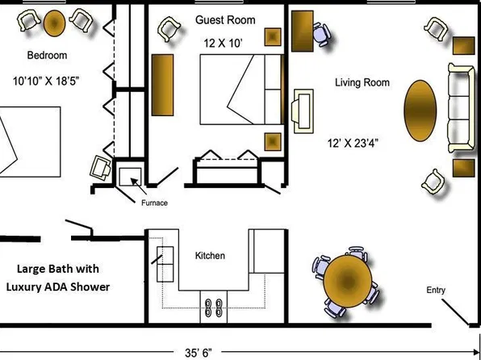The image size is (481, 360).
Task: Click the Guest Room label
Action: pos(225,20)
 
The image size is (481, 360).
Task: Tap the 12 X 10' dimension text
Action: pos(224,44)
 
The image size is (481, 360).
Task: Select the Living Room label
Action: pos(362,82)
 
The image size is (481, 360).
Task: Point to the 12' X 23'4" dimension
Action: pos(353,143)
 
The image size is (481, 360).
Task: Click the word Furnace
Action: pos(154,203)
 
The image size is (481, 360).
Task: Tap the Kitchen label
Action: pos(210,256)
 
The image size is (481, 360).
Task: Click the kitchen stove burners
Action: pos(214,308)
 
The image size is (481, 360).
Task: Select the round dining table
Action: pos(348,282)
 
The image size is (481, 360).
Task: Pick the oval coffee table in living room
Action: pos(420,111)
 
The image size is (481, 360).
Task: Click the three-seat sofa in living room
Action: pos(460,107)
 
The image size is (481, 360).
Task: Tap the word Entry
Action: pos(436,291)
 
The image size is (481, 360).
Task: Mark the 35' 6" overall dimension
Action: pos(199,353)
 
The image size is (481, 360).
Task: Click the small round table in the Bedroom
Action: pos(55,23)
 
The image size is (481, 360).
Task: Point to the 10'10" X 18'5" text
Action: pos(46,82)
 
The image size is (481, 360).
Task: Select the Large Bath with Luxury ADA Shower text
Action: pos(58,278)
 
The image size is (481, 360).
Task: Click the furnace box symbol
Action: pos(130,177)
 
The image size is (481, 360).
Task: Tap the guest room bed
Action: pos(241,90)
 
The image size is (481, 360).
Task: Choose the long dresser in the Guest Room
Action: pos(162,85)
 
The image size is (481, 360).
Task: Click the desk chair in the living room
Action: pos(321,34)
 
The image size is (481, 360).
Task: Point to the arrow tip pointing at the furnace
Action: pos(132,178)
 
